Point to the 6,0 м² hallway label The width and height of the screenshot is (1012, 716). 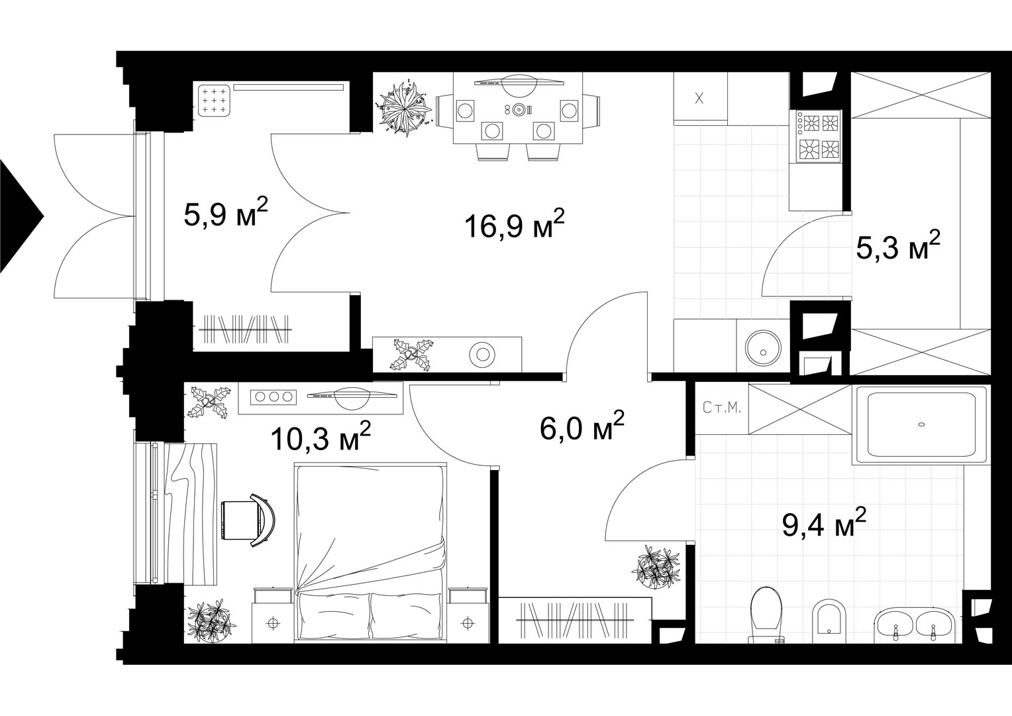tap(582, 426)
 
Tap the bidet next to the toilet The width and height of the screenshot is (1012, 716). tap(828, 621)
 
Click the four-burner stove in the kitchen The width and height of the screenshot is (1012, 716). tap(816, 136)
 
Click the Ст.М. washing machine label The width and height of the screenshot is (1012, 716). tap(722, 408)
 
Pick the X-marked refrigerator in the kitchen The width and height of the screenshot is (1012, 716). tap(700, 98)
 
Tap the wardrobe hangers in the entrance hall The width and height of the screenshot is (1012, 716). tap(244, 329)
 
